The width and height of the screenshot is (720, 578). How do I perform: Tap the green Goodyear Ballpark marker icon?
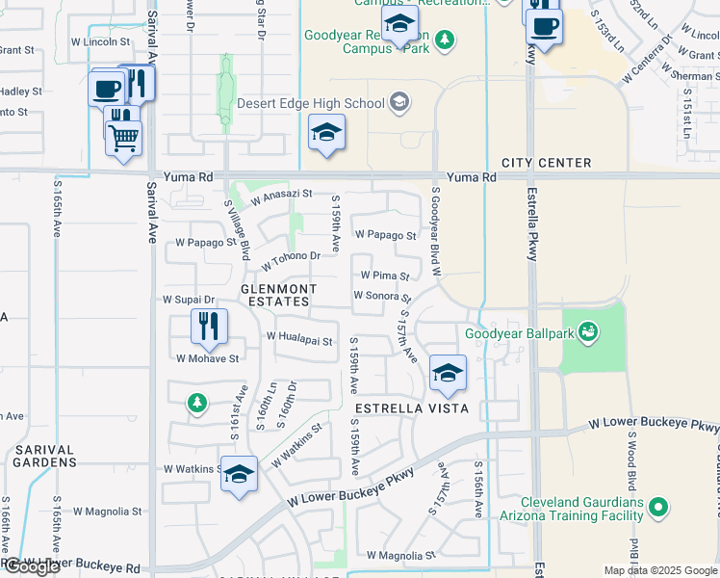pos(588,333)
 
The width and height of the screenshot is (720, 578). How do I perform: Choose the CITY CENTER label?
pos(546,163)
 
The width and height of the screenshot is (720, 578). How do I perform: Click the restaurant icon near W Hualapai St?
pos(209,327)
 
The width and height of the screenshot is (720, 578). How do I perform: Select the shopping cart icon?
pos(124,138)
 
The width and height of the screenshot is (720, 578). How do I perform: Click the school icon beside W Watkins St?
pos(240,474)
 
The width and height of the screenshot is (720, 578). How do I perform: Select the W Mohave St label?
pos(207,358)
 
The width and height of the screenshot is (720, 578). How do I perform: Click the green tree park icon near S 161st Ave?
pos(196,402)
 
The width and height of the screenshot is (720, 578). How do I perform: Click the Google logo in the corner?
pos(31,567)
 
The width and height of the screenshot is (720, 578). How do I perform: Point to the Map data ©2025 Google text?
pos(659,570)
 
